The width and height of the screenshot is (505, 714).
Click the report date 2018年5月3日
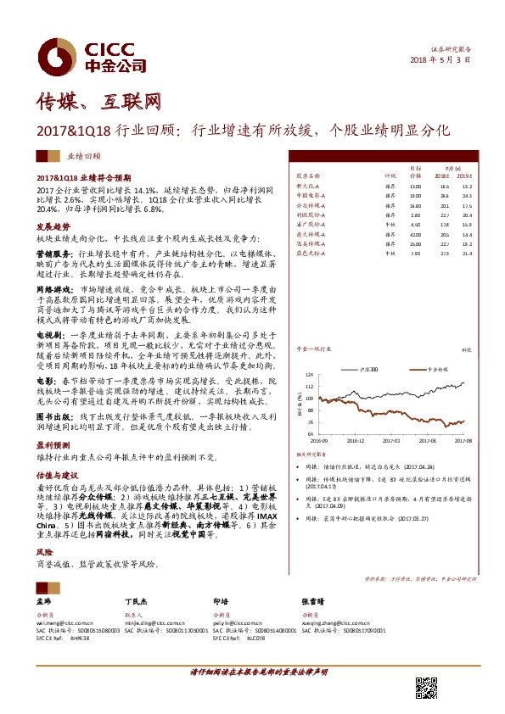440,60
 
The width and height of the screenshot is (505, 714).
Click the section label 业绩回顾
83,157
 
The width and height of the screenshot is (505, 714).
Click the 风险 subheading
45,550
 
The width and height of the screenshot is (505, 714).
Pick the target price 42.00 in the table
415,233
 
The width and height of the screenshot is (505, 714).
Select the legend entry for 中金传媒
436,371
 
